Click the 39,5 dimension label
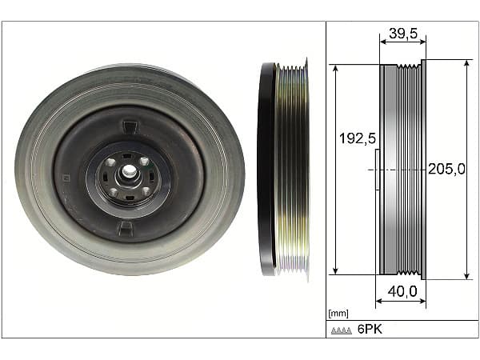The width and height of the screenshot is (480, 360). click(403, 34)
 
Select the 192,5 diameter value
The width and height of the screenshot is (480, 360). click(358, 138)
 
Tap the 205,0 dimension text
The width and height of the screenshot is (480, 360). click(446, 169)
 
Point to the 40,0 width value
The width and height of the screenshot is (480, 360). click(402, 291)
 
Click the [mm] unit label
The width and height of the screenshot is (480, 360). click(338, 313)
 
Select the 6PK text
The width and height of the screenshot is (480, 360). click(370, 329)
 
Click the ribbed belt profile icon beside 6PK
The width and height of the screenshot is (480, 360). click(342, 330)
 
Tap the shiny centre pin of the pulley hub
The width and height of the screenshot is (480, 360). click(130, 171)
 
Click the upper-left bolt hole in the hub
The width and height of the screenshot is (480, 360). click(111, 162)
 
